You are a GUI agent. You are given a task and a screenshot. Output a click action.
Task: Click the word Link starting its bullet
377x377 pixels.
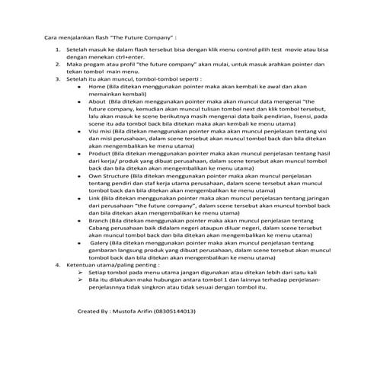pos(96,197)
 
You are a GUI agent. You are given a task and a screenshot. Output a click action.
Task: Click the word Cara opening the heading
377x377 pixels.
pos(51,35)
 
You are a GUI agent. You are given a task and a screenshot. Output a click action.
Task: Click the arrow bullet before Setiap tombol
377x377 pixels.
pos(81,272)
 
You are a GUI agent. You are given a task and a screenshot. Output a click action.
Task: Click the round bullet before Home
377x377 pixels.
pos(81,87)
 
